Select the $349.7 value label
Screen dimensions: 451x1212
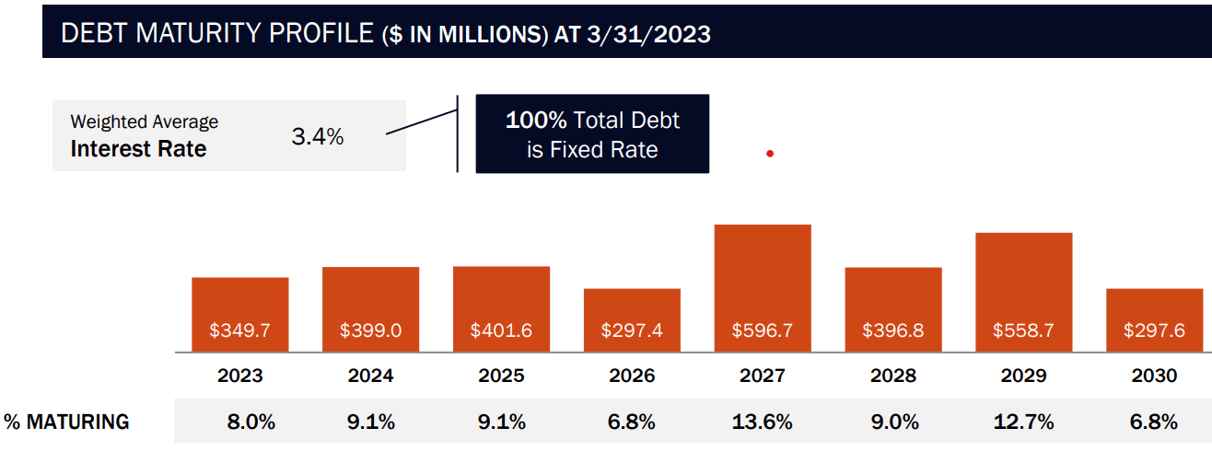[x=239, y=330]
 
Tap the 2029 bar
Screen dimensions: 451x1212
[x=1023, y=291]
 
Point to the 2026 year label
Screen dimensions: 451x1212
[x=632, y=376]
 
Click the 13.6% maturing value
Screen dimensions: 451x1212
[x=763, y=422]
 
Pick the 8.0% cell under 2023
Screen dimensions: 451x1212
[x=251, y=422]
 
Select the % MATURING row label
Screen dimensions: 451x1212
[x=66, y=422]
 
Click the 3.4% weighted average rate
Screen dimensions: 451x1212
[x=317, y=138]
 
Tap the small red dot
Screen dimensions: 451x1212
[x=769, y=154]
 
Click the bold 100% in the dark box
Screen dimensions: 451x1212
[x=536, y=121]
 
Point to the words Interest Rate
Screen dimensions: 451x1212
[x=138, y=149]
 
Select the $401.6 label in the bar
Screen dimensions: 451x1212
[x=501, y=330]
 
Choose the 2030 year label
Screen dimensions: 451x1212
[x=1154, y=376]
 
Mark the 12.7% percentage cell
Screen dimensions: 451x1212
[x=1023, y=422]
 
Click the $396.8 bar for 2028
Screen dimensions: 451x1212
[x=893, y=308]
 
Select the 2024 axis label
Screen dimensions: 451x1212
[x=370, y=376]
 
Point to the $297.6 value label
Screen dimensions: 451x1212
[x=1154, y=330]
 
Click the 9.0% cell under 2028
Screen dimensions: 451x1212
[x=893, y=422]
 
